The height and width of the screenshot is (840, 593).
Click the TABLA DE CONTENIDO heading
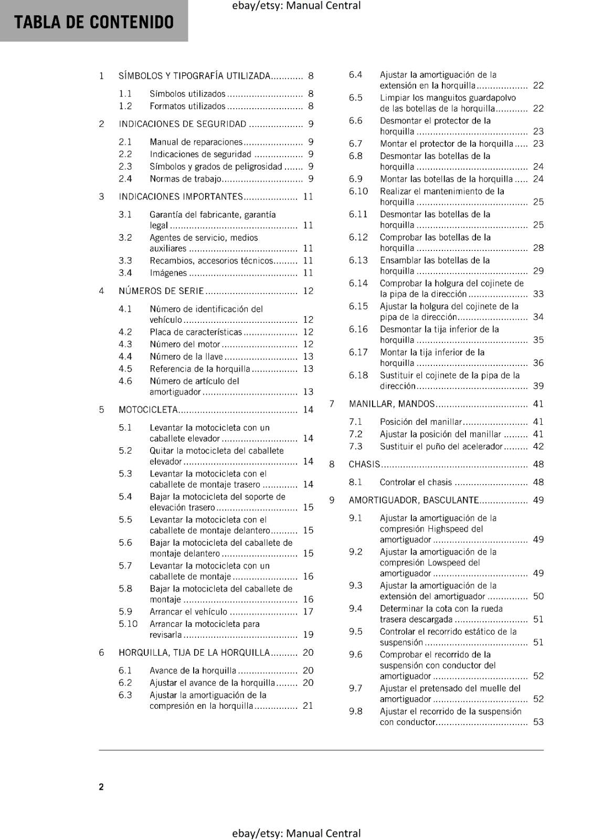[x=94, y=22]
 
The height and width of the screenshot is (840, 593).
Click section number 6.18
[x=358, y=375]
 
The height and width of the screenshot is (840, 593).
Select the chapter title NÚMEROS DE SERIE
[x=161, y=291]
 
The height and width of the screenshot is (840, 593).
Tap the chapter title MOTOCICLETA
[x=149, y=409]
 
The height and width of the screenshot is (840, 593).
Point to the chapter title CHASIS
[x=364, y=464]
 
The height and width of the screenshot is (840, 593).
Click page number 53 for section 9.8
[x=538, y=722]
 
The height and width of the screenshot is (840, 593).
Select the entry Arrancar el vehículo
[x=188, y=612]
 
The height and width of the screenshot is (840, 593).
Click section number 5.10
[x=128, y=624]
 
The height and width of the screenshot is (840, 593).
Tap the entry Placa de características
[x=196, y=332]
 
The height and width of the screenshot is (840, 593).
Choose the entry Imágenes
[x=168, y=273]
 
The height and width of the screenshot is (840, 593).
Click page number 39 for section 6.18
[x=538, y=386]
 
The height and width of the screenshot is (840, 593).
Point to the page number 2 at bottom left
[x=101, y=786]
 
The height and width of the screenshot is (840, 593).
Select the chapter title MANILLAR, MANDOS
[x=391, y=404]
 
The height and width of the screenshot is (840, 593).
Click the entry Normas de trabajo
[x=185, y=179]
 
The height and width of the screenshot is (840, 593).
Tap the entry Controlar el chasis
[x=416, y=482]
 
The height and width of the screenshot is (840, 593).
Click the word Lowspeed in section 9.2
[x=454, y=562]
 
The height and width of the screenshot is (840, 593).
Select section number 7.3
[x=356, y=446]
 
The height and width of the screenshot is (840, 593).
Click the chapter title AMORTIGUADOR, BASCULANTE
[x=414, y=500]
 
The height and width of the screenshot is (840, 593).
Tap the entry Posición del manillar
[x=421, y=422]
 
